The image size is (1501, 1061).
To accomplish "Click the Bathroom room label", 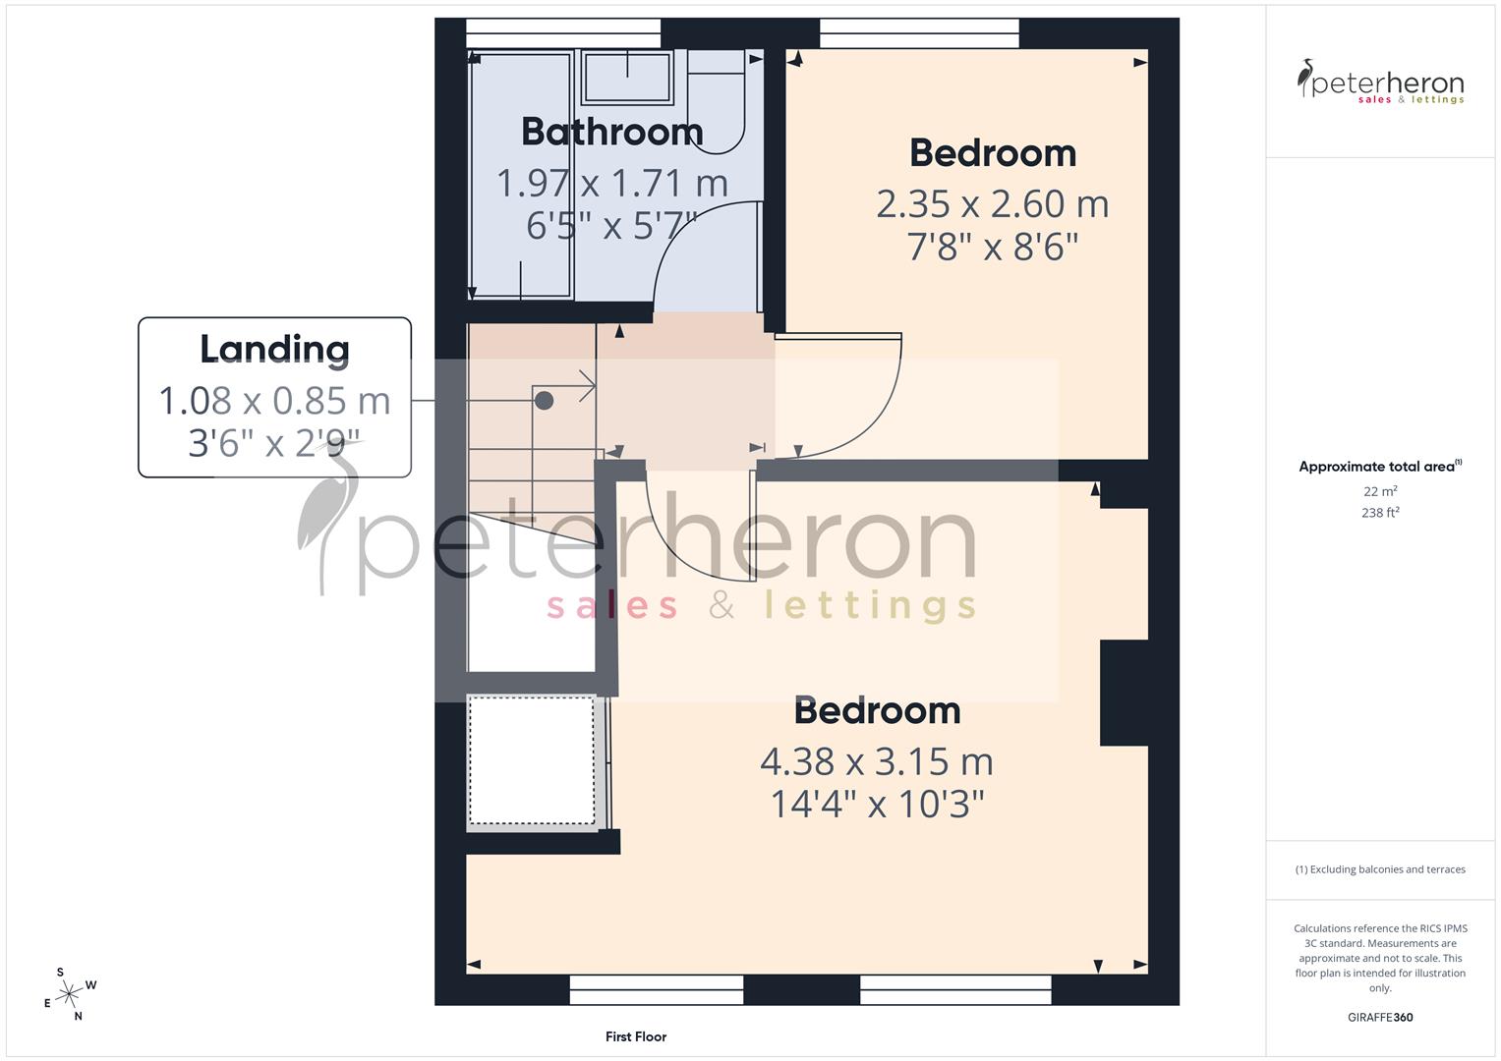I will pyautogui.click(x=611, y=132).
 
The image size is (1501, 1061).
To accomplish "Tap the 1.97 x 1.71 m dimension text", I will pyautogui.click(x=611, y=184).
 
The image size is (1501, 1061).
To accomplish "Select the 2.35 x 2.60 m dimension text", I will pyautogui.click(x=992, y=204).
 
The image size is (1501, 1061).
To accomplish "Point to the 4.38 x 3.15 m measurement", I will pyautogui.click(x=876, y=761).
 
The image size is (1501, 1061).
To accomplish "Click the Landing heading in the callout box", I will pyautogui.click(x=274, y=349).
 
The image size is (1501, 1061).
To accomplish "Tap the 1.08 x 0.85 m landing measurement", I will pyautogui.click(x=274, y=401).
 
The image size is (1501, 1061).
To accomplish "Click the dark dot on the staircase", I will pyautogui.click(x=544, y=400).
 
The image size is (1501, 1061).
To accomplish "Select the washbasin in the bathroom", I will pyautogui.click(x=627, y=78).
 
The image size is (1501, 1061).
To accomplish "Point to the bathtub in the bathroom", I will pyautogui.click(x=521, y=175).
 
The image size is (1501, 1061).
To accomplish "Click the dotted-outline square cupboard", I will pyautogui.click(x=532, y=760).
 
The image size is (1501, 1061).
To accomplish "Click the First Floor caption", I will pyautogui.click(x=636, y=1036).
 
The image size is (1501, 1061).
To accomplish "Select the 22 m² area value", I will pyautogui.click(x=1380, y=491).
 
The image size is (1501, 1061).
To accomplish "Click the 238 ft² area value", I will pyautogui.click(x=1380, y=512).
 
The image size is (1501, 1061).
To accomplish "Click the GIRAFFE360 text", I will pyautogui.click(x=1380, y=1017).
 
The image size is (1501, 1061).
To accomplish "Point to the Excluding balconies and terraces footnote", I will pyautogui.click(x=1380, y=869).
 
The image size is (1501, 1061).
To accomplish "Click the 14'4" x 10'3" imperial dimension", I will pyautogui.click(x=876, y=805).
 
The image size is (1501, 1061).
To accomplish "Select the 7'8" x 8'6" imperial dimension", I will pyautogui.click(x=992, y=247).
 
